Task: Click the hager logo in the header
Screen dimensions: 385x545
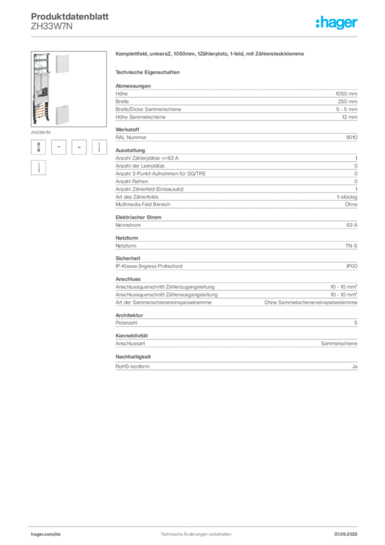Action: pos(337,22)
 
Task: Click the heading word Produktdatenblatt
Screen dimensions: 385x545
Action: pos(70,16)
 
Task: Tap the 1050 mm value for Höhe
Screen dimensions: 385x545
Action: pos(346,94)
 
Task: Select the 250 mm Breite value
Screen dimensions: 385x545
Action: pos(347,102)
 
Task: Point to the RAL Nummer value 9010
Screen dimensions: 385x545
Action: pos(351,137)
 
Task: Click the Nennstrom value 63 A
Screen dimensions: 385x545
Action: pos(351,225)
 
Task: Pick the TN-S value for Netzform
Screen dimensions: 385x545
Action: pos(351,246)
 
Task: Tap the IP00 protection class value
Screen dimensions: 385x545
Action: pos(351,266)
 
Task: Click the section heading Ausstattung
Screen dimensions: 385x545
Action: pos(130,150)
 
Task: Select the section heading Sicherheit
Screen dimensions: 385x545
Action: pos(128,258)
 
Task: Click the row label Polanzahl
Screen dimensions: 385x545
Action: pos(127,323)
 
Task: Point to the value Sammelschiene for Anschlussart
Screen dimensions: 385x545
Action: pos(339,343)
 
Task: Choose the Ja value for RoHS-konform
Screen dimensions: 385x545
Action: pos(355,366)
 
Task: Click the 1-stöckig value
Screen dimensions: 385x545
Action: pos(347,197)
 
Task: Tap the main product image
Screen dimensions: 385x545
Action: pos(69,89)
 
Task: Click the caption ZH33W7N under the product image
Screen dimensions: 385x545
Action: pos(40,133)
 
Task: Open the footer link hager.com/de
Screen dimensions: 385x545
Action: pos(46,534)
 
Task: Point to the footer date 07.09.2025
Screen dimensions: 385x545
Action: pos(346,534)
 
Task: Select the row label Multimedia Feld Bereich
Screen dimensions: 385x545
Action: pos(143,204)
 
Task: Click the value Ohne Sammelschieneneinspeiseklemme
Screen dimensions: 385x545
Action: pos(311,302)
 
